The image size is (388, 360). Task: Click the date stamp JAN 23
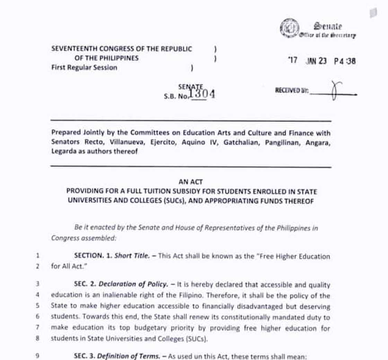pos(316,61)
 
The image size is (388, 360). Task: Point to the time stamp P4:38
pos(345,61)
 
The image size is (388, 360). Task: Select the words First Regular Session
pos(84,67)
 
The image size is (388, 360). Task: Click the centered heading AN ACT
pos(191,181)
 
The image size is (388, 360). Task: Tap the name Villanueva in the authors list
pos(128,142)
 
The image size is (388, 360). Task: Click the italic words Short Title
pos(133,256)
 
